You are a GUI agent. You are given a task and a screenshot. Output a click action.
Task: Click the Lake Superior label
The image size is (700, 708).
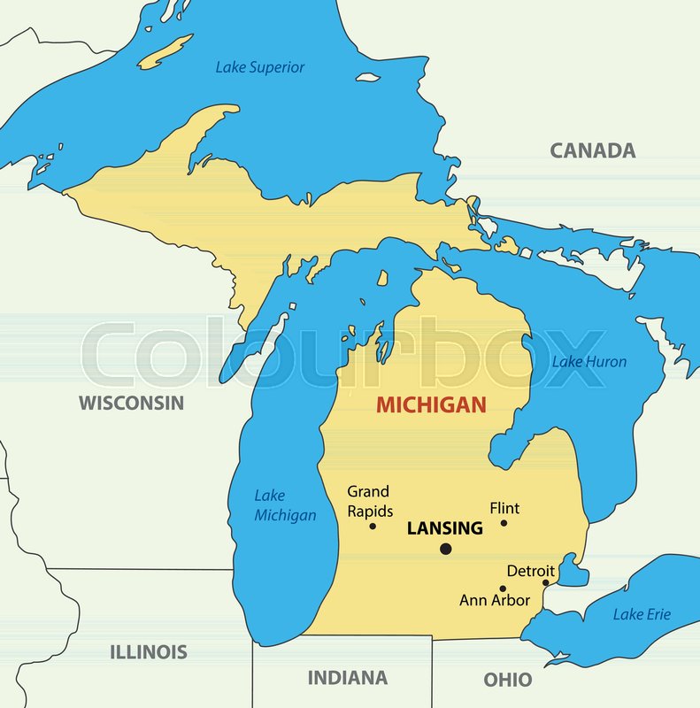[x=260, y=67]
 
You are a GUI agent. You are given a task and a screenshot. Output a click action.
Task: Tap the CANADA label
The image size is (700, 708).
[x=592, y=150]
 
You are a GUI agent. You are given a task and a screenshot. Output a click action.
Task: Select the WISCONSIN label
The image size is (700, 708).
[x=131, y=403]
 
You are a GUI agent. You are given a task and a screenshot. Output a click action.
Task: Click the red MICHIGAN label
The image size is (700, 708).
[x=431, y=405]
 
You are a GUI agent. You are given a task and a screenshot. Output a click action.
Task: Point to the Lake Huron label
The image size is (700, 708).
[x=589, y=361]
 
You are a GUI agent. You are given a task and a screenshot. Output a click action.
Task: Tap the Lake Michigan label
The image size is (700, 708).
[x=285, y=505]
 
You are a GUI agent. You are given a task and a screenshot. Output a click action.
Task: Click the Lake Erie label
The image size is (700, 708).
[x=642, y=614]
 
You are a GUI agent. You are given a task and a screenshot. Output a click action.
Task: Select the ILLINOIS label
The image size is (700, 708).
[x=149, y=652]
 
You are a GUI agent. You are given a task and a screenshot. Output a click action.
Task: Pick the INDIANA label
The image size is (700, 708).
[x=347, y=678]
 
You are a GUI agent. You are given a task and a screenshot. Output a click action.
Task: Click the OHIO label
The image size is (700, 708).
[x=508, y=680]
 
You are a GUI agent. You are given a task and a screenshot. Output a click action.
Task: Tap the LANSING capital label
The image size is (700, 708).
[x=444, y=528]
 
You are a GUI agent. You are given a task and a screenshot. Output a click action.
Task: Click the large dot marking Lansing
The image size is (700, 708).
[x=445, y=550]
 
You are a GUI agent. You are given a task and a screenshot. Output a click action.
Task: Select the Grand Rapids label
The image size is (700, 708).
[x=369, y=501]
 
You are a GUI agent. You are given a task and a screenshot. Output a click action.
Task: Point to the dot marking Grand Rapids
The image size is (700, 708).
[x=373, y=527]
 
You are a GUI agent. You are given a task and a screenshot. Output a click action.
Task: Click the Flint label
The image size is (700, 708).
[x=504, y=508]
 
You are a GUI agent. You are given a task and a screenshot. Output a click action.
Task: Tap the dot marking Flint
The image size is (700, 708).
[x=504, y=523]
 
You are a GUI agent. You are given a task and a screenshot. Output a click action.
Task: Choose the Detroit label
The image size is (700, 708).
[x=530, y=571]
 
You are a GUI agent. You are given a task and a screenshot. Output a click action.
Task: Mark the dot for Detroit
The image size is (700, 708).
[x=545, y=582]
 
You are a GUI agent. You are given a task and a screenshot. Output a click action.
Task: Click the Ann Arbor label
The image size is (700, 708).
[x=495, y=600]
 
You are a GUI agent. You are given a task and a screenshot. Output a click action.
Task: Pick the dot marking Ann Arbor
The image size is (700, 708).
[x=503, y=589]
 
